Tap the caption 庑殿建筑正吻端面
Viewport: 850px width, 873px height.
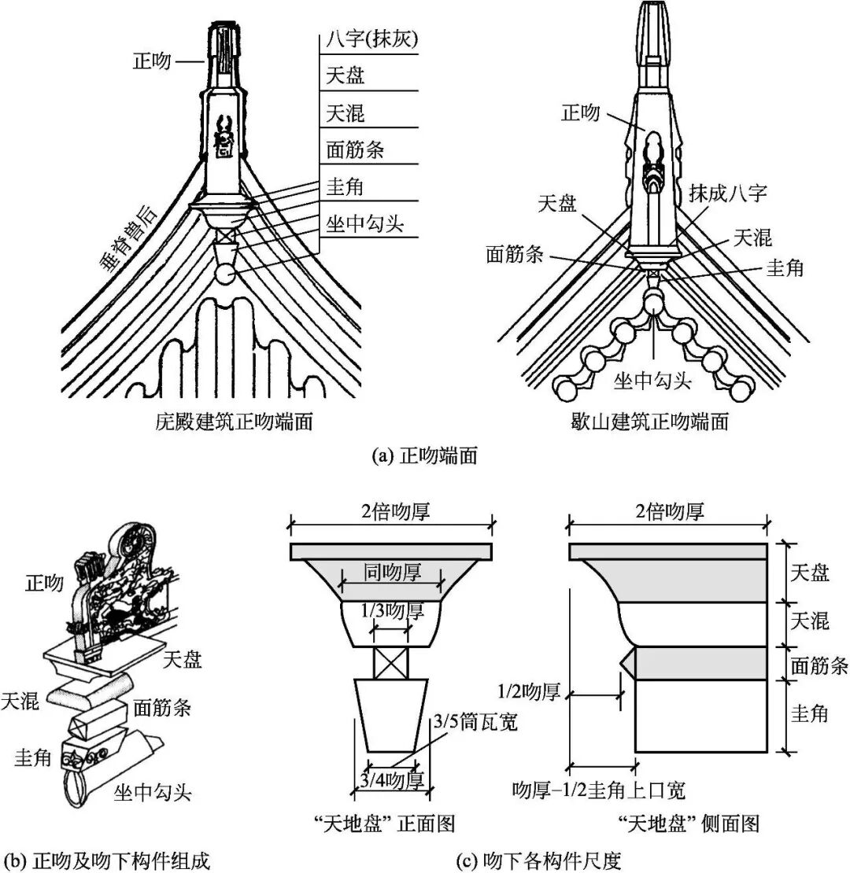(234, 422)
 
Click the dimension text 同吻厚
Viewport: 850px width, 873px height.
(391, 572)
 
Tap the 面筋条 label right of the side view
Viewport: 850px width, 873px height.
(819, 665)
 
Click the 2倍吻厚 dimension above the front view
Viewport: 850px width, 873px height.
(391, 512)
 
